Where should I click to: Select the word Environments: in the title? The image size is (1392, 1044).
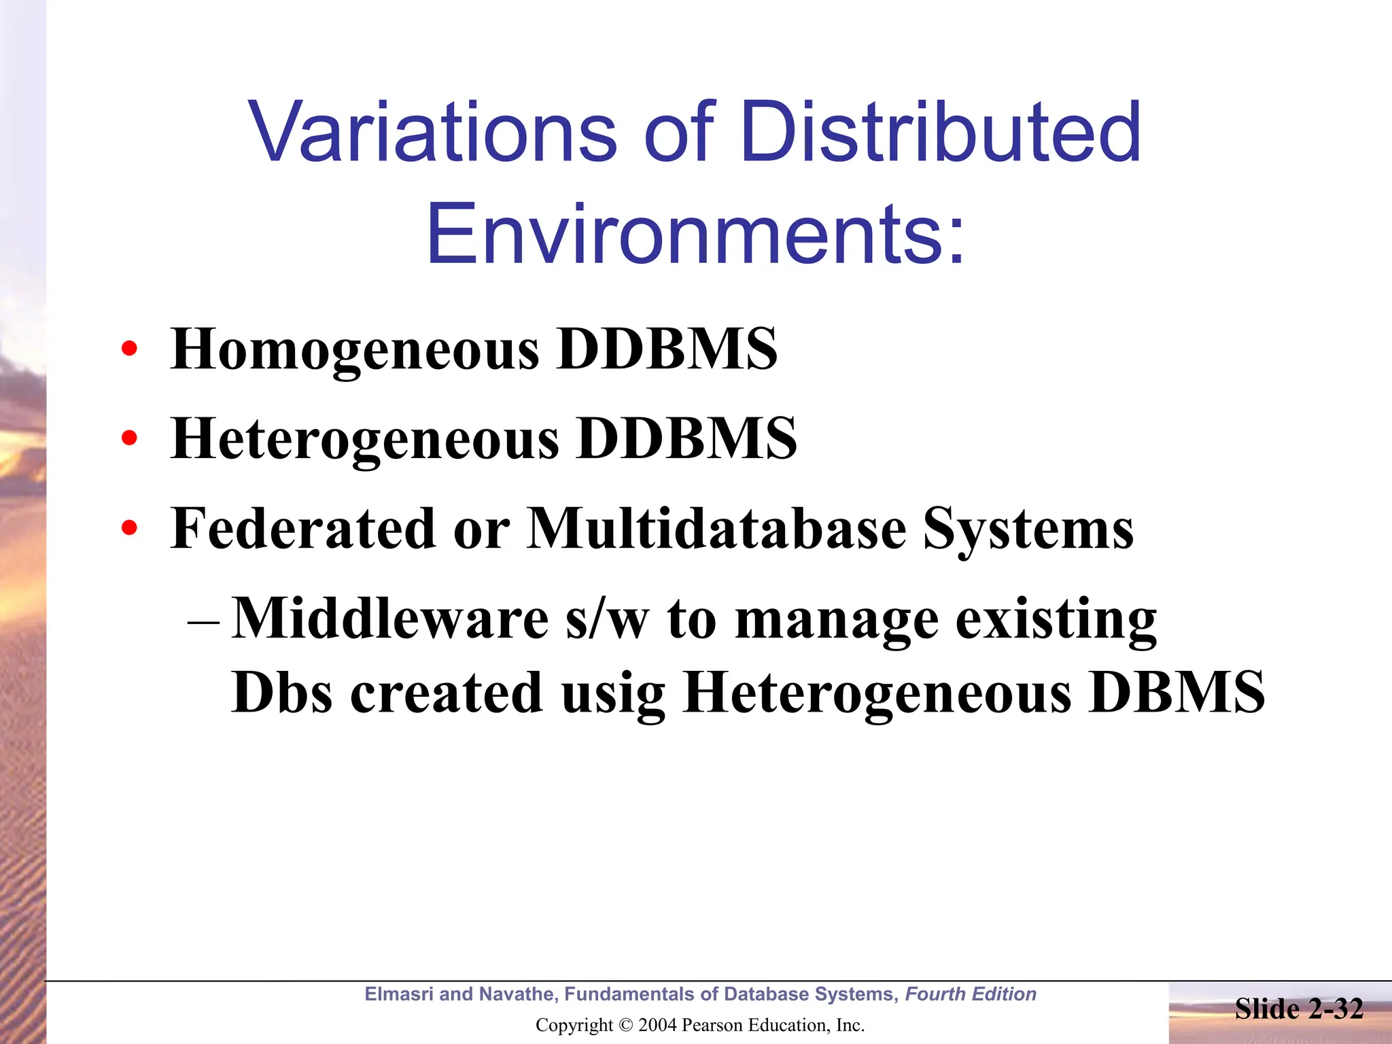click(695, 234)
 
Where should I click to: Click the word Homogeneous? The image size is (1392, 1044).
click(355, 349)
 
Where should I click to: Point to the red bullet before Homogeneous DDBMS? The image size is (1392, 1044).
click(129, 349)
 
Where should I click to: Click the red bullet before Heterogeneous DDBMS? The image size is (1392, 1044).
click(129, 438)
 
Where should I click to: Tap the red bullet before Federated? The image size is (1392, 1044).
click(129, 527)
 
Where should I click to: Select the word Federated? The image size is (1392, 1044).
click(302, 529)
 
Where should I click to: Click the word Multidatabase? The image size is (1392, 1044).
click(717, 529)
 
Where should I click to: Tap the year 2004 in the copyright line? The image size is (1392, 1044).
click(658, 1025)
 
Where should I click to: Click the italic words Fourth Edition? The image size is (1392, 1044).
click(970, 994)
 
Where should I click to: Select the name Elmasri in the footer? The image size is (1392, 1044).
click(399, 994)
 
